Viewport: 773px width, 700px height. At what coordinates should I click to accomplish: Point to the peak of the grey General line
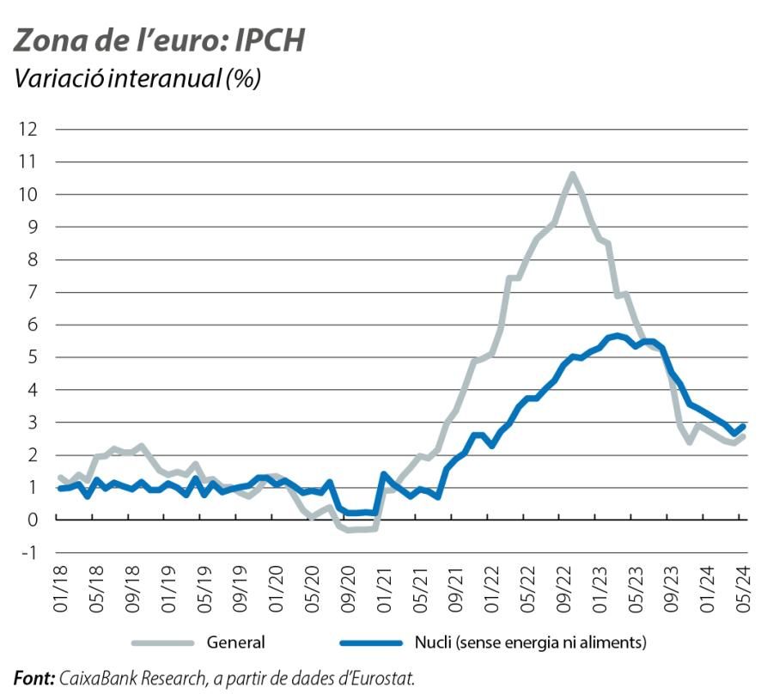pyautogui.click(x=572, y=174)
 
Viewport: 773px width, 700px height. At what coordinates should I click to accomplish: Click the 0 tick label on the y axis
pyautogui.click(x=33, y=520)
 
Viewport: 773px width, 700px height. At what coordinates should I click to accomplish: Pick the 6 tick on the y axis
pyautogui.click(x=33, y=325)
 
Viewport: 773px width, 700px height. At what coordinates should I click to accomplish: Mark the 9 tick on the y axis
pyautogui.click(x=33, y=227)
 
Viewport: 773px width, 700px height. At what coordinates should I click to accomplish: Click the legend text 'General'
pyautogui.click(x=235, y=642)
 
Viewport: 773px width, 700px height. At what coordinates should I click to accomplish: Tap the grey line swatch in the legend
pyautogui.click(x=163, y=642)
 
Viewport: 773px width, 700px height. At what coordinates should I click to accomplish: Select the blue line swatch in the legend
pyautogui.click(x=373, y=642)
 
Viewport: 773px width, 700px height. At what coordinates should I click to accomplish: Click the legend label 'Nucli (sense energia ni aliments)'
pyautogui.click(x=528, y=642)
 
